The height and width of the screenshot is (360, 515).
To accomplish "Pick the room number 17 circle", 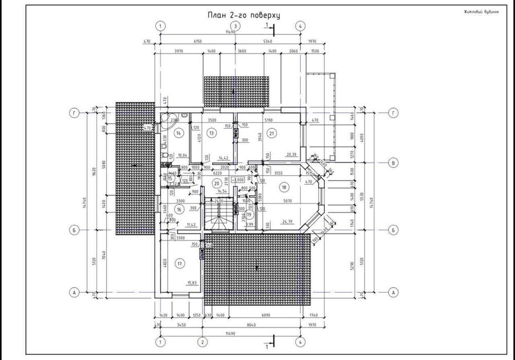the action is click(180, 264).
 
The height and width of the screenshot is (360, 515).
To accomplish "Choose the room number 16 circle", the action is click(179, 209).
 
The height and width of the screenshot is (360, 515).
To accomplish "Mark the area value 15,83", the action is click(192, 282).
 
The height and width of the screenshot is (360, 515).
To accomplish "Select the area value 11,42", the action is click(191, 225).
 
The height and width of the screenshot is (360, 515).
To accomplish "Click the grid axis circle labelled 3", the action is click(235, 26).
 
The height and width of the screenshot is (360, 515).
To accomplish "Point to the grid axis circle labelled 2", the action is click(203, 341).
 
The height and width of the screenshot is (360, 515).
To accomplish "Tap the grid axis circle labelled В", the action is click(393, 163).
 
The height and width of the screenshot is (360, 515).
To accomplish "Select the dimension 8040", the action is click(251, 325).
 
